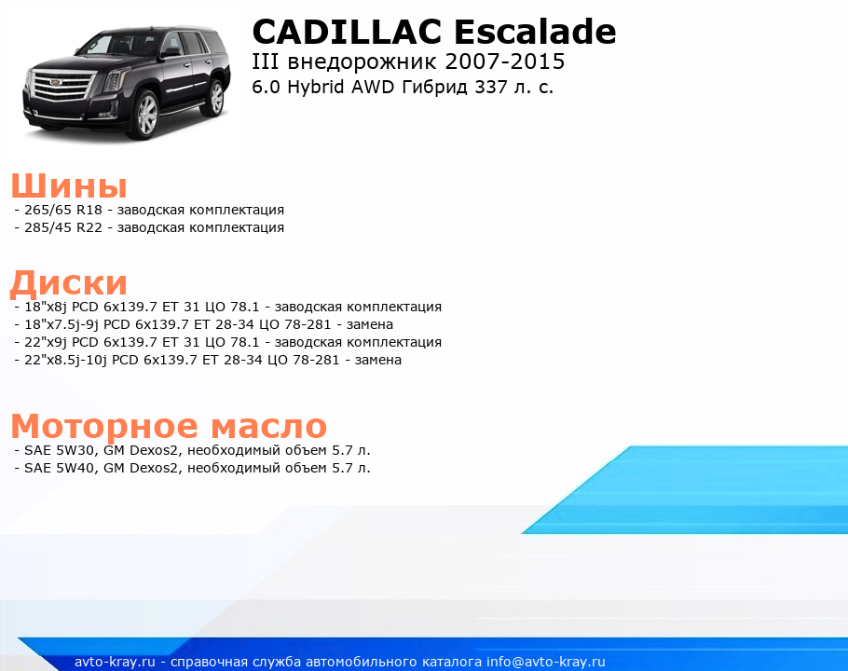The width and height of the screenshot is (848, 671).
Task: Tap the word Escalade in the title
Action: (535, 32)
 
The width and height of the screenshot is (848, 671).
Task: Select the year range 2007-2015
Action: (504, 62)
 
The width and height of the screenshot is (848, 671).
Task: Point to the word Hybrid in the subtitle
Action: (315, 87)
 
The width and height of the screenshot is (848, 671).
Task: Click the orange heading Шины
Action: (69, 186)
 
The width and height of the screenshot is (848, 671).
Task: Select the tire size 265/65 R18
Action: (63, 210)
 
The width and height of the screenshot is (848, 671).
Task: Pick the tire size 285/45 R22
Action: (63, 227)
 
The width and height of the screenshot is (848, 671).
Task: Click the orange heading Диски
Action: (69, 283)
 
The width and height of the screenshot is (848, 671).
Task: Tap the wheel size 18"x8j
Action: (46, 307)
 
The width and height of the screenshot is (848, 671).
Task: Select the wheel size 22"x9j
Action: (46, 342)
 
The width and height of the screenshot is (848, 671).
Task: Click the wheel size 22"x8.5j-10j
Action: (66, 360)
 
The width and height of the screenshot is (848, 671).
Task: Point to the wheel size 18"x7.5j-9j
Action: (62, 324)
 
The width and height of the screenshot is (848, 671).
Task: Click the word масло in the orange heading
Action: (268, 426)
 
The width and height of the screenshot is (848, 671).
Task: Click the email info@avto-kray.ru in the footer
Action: (546, 662)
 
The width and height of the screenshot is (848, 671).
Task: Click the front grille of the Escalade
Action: (60, 87)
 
